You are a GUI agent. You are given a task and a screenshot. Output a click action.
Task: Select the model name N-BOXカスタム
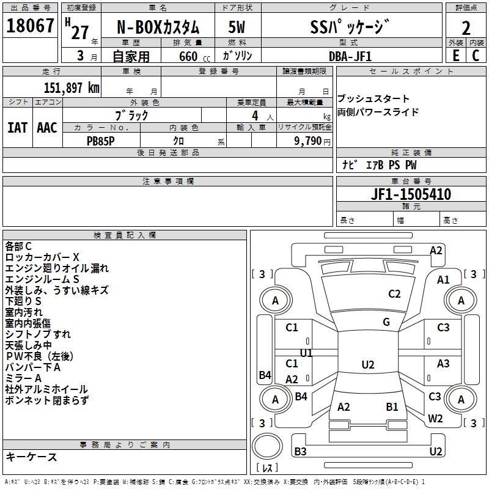coord(158,28)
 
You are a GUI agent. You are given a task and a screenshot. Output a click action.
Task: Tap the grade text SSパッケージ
coord(349,28)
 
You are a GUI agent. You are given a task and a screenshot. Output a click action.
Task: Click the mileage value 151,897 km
coord(71,87)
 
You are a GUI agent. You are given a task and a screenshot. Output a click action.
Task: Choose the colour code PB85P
coord(101,140)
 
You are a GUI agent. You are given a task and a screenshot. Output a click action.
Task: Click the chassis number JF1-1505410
coord(411,194)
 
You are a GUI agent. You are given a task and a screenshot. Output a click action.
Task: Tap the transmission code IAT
coord(17,127)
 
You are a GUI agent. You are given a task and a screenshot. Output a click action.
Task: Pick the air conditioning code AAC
coord(47,127)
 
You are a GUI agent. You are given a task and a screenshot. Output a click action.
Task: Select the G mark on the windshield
coord(386,322)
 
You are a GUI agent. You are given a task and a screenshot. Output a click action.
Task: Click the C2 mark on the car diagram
coord(394,294)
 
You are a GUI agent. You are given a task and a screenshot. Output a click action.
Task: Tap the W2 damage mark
coord(435,419)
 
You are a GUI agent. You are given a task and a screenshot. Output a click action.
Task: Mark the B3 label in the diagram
coord(300,452)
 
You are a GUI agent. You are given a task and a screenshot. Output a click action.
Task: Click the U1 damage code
coord(306,353)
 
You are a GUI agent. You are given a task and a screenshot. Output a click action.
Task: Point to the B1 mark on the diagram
coord(392,406)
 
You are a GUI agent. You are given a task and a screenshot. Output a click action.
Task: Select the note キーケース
coord(32,457)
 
